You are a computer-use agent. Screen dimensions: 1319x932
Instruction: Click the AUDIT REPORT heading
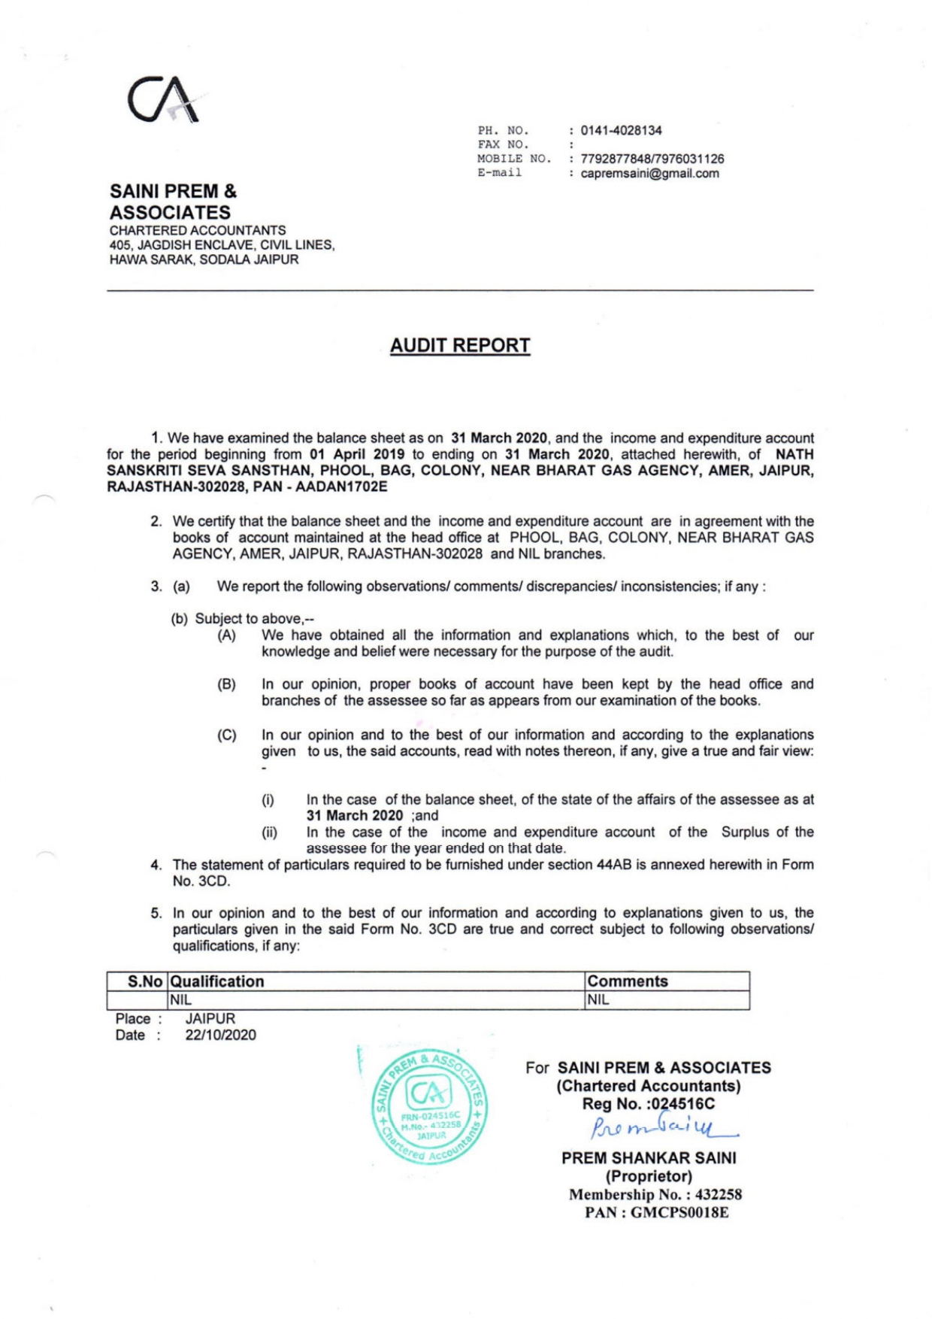coord(460,345)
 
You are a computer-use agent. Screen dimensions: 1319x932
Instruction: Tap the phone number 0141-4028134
coord(621,130)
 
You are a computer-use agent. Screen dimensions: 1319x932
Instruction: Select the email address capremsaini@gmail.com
coord(649,173)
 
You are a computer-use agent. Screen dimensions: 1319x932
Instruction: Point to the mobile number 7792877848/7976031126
coord(652,159)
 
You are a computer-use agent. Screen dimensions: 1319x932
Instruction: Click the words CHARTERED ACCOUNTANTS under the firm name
coord(198,230)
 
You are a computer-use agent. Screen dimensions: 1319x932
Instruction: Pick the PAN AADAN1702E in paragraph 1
coord(341,487)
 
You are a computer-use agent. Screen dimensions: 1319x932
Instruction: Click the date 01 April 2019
coord(357,454)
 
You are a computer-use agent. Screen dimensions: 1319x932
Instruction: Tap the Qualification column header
coord(217,981)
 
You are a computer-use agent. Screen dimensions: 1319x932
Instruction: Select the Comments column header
coord(628,981)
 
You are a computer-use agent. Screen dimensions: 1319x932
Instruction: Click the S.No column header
coord(144,981)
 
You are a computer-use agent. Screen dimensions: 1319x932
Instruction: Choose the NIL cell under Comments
coord(598,1000)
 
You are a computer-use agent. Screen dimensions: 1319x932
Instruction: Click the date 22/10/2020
coord(220,1035)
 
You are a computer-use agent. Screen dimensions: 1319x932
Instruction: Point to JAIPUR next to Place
coord(210,1018)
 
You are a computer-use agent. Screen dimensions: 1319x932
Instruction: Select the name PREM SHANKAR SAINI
coord(649,1158)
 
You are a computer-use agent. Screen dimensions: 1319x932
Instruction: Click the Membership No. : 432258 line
coord(655,1194)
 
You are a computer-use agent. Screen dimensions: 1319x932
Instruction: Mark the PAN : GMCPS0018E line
coord(656,1212)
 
